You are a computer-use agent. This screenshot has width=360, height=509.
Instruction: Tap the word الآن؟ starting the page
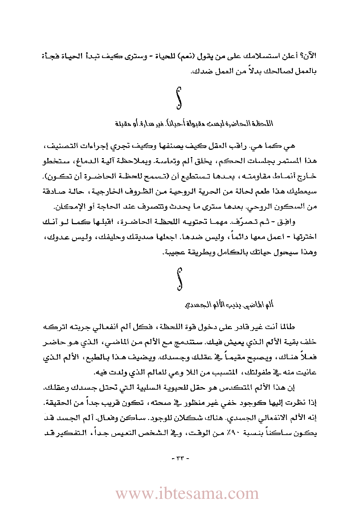click(x=309, y=56)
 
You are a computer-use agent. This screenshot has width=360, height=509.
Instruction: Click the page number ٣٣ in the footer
click(x=180, y=459)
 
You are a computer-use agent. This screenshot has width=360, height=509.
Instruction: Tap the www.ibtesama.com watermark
click(x=187, y=494)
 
